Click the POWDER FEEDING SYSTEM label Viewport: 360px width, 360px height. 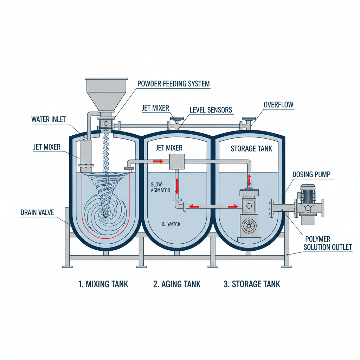click(x=173, y=84)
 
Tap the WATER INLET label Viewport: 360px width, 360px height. click(x=49, y=119)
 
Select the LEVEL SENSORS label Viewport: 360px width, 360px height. click(x=211, y=110)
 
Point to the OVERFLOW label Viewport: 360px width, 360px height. click(x=278, y=104)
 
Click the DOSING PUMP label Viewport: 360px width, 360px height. click(x=312, y=174)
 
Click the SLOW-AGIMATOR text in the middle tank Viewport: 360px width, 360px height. click(x=160, y=187)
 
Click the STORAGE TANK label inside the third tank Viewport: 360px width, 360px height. click(x=251, y=149)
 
